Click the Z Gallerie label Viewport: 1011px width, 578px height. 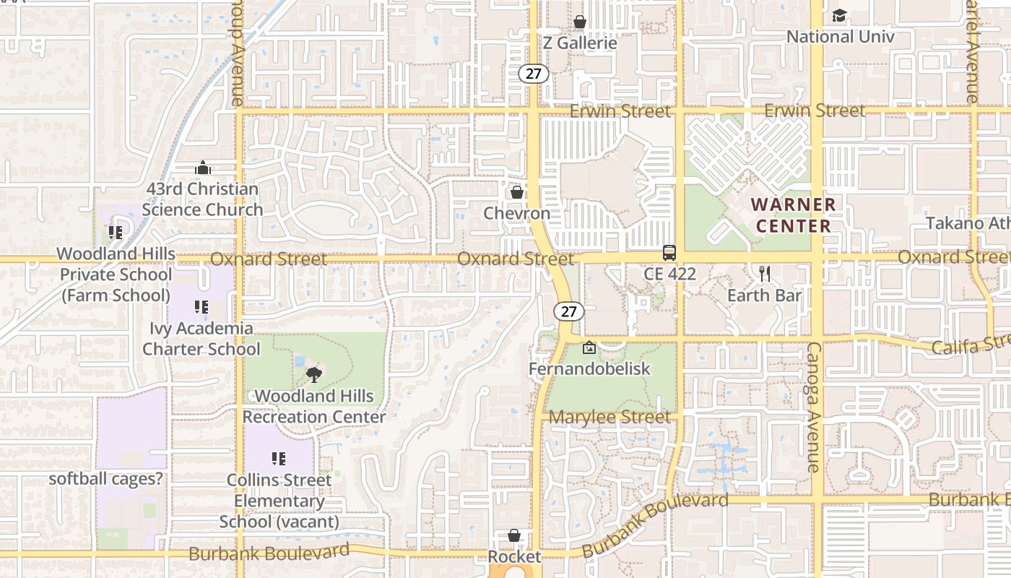pos(580,43)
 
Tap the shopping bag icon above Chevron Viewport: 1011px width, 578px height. pos(517,192)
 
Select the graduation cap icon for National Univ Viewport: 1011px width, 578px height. pos(839,15)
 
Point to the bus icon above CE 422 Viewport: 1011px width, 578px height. pos(669,253)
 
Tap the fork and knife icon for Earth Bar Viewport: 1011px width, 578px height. pos(765,274)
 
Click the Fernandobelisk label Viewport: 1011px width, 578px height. pos(589,369)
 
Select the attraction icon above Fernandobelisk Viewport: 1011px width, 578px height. pos(589,348)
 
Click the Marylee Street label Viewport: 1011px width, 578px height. pos(609,418)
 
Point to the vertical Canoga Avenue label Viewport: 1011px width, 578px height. pos(813,407)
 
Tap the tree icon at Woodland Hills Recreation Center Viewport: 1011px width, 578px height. pos(313,374)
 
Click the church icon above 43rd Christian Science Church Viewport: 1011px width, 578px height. pos(203,168)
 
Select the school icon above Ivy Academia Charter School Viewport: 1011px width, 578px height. pos(201,307)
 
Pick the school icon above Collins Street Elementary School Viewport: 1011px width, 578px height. pos(278,458)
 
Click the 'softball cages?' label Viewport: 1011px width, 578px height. pos(105,479)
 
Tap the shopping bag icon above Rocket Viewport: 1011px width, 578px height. pos(514,535)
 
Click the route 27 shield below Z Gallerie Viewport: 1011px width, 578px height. pos(534,73)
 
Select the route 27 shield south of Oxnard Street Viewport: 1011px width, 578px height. pos(569,311)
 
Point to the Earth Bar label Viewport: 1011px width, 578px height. pos(765,296)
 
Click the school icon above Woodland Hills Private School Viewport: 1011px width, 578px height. pos(116,232)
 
